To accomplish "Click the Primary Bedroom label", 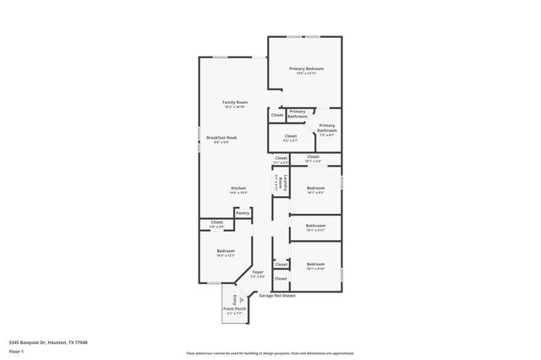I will (x=306, y=68).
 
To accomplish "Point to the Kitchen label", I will (x=238, y=188).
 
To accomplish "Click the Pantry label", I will (x=243, y=213).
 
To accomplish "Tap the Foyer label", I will (x=258, y=272).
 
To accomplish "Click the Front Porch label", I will (x=234, y=309).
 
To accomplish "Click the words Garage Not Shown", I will (x=276, y=296).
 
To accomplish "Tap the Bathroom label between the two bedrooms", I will (x=315, y=226).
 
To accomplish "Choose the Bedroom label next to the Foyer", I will (x=225, y=251).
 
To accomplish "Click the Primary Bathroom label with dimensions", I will (x=326, y=129).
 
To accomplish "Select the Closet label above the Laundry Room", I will (x=281, y=157).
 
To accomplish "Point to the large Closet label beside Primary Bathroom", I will (x=290, y=136).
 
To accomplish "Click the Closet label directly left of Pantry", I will (x=216, y=222).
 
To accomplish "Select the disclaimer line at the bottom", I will (x=270, y=353).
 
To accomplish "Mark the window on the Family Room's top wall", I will (x=219, y=57).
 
